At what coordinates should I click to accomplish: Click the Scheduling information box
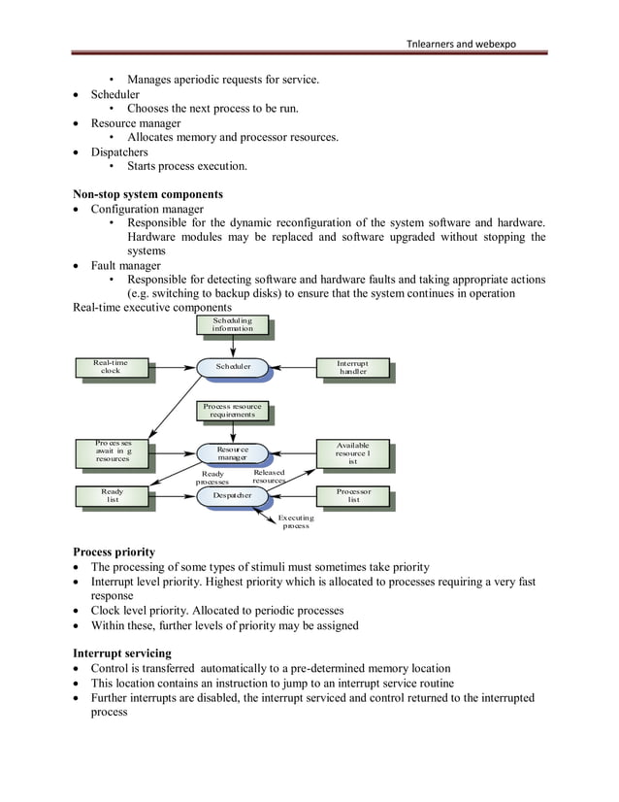point(232,324)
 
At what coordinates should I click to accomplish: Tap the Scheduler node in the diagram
point(233,367)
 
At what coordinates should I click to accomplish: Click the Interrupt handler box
point(352,367)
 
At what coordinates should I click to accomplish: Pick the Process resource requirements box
point(232,410)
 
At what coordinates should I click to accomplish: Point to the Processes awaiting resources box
point(114,451)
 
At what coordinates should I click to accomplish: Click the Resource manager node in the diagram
point(232,453)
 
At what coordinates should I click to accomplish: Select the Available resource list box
point(352,452)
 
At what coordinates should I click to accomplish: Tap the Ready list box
point(113,495)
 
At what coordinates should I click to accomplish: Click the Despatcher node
point(232,495)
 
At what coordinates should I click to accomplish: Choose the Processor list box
point(353,495)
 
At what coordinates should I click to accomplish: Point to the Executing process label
point(296,522)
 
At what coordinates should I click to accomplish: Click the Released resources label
point(269,477)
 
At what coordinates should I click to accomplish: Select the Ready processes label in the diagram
point(212,478)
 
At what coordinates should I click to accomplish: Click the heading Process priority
point(114,551)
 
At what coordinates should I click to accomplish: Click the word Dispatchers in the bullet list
point(119,151)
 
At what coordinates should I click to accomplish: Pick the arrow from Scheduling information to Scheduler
point(233,346)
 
